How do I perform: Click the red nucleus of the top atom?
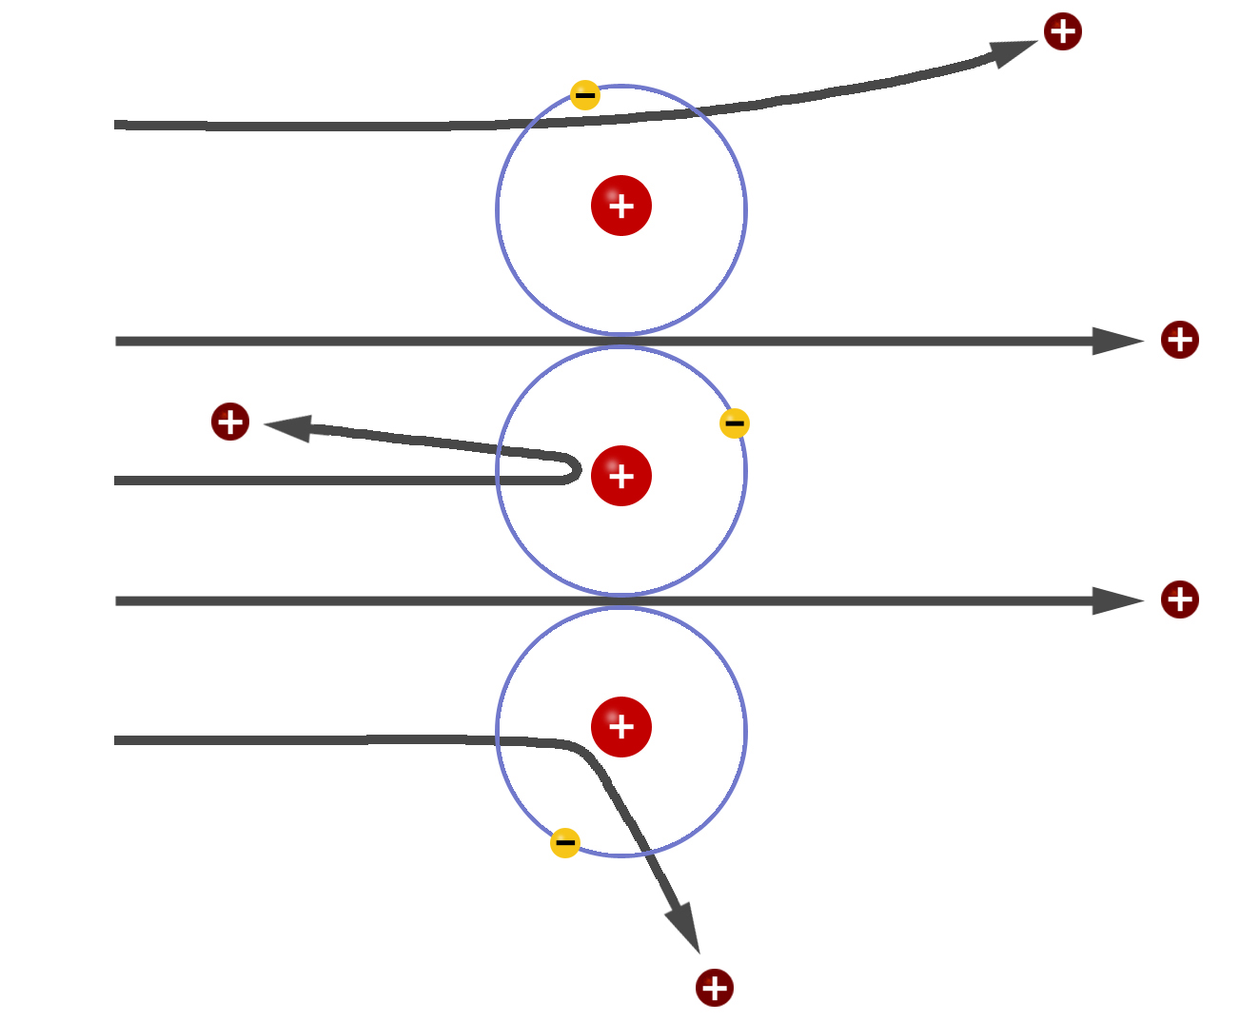(x=620, y=206)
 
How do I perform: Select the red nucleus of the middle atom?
(x=620, y=475)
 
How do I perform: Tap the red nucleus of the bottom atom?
(x=620, y=726)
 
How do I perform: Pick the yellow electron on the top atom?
(x=584, y=94)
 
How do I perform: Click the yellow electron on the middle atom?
(x=734, y=423)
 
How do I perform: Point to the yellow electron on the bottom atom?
(x=564, y=842)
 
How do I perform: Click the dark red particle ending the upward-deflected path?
(x=1062, y=31)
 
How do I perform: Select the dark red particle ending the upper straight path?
(x=1179, y=340)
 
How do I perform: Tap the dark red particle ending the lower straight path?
(x=1179, y=599)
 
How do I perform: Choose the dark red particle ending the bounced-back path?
(x=230, y=422)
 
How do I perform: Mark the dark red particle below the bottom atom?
(x=714, y=988)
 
